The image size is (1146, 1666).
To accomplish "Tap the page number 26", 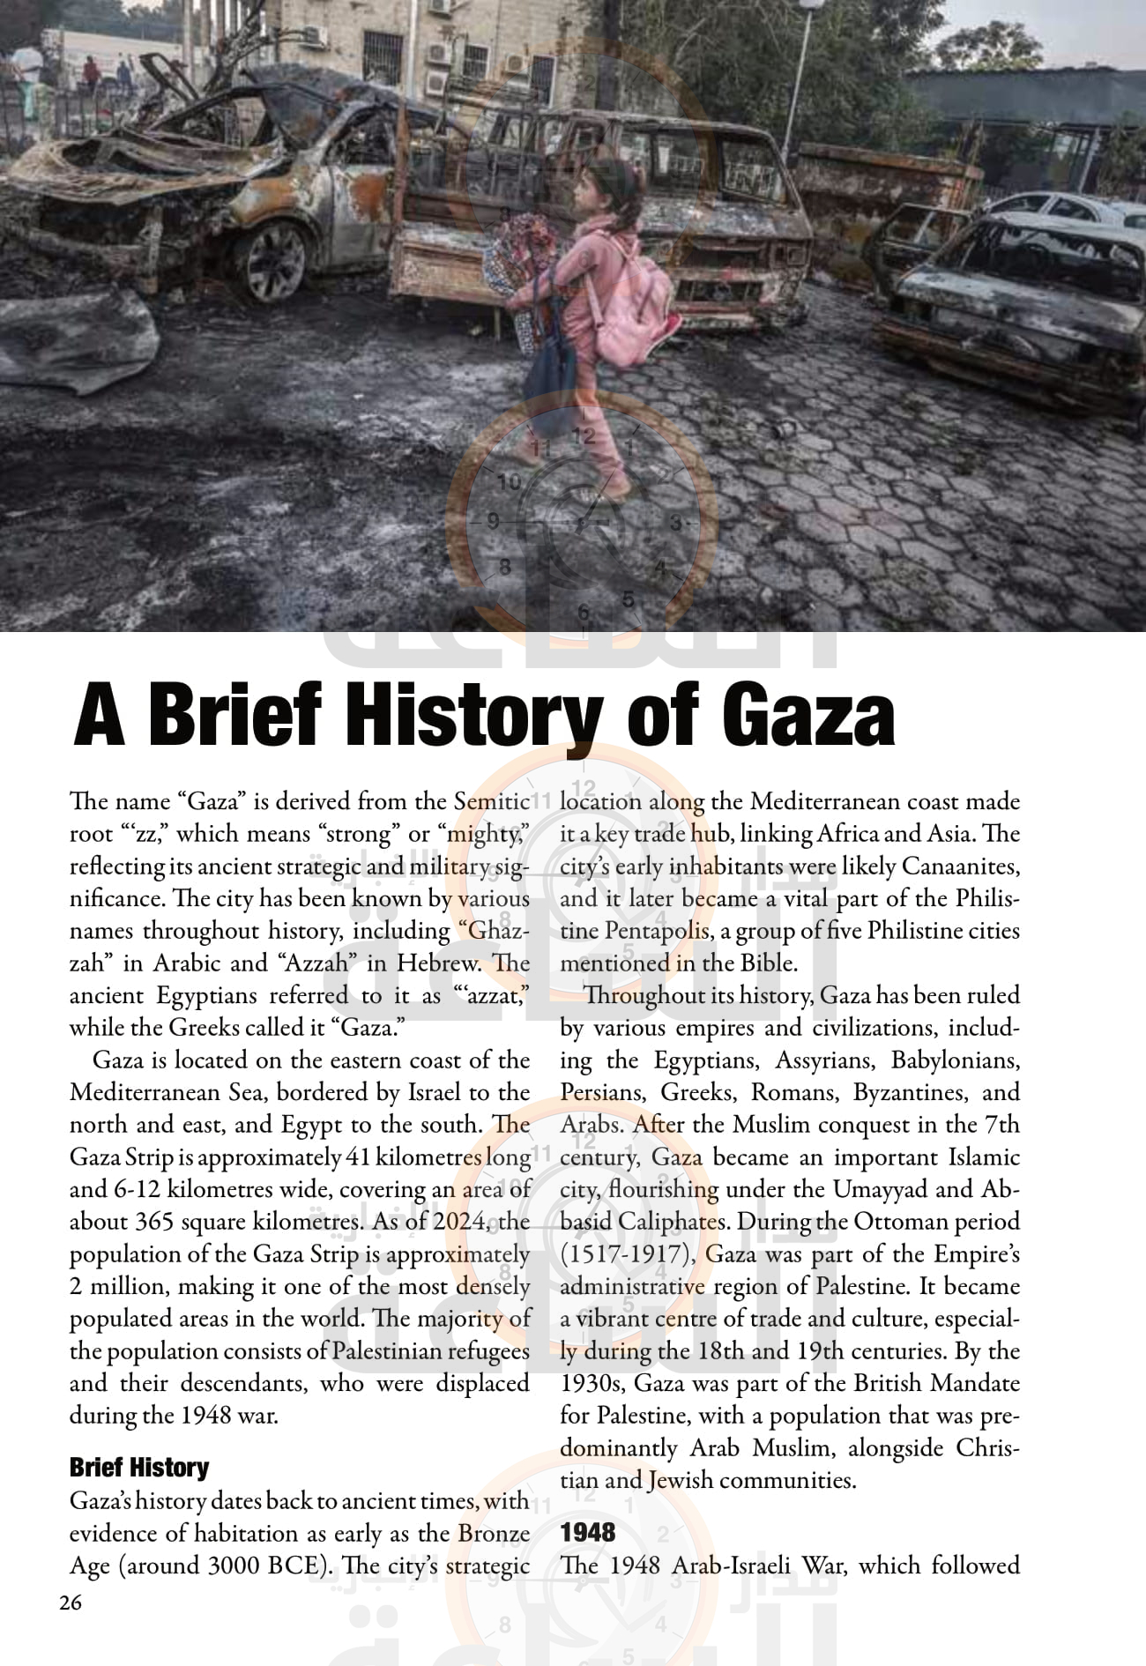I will click(71, 1603).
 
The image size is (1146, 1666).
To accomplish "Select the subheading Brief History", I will click(139, 1467).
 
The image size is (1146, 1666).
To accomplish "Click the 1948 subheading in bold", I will click(588, 1532).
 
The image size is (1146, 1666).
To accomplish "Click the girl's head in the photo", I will click(599, 187).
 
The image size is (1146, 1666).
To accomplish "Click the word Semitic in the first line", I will click(491, 801).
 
